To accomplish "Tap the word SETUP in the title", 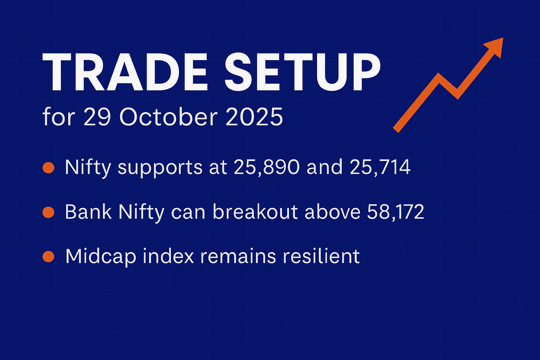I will point(302,73).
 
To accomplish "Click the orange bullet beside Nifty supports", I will point(48,167).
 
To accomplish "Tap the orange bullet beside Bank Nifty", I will point(48,212).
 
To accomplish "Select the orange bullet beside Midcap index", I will point(48,256).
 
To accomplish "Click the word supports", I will point(160,168).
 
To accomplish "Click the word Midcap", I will point(101,257).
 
